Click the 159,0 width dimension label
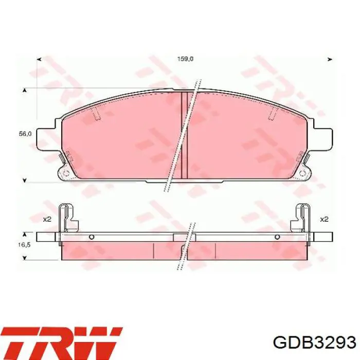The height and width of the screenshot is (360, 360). point(185,59)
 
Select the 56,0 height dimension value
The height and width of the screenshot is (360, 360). point(26,134)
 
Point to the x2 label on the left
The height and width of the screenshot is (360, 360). point(47,219)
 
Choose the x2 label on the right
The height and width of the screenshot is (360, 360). point(324,219)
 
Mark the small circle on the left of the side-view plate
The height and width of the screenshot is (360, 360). point(91,237)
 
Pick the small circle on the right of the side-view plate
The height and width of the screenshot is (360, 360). point(278,237)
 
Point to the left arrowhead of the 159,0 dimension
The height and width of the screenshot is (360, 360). point(40,59)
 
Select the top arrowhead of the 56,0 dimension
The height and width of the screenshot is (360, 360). point(24,91)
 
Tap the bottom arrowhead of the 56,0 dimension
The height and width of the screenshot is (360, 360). point(24,180)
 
